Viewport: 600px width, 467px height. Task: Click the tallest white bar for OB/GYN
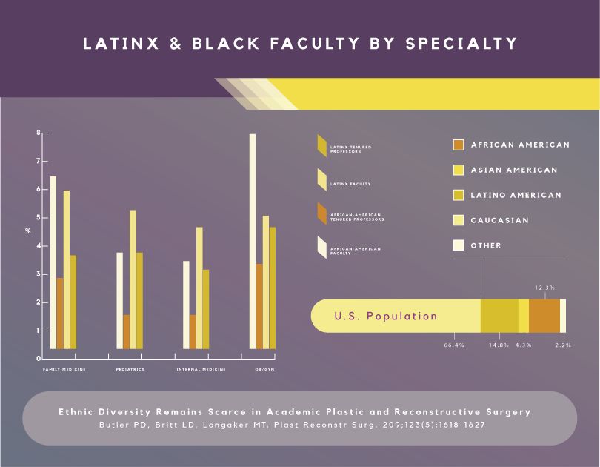253,241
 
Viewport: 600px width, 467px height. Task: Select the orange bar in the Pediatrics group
126,331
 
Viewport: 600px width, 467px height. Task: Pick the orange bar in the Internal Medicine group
193,331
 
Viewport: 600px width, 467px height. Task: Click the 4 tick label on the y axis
39,246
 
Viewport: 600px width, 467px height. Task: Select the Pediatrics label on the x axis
130,369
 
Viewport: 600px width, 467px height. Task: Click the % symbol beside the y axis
27,231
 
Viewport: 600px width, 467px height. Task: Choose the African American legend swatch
459,145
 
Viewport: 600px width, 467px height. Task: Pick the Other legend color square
459,245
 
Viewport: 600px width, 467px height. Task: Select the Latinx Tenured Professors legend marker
321,146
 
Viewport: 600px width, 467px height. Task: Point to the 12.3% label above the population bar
544,287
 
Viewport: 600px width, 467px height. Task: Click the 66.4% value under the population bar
454,345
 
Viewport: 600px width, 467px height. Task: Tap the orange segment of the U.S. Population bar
544,316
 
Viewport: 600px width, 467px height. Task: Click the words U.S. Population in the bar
386,316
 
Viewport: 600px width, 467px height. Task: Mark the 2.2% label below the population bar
563,345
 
